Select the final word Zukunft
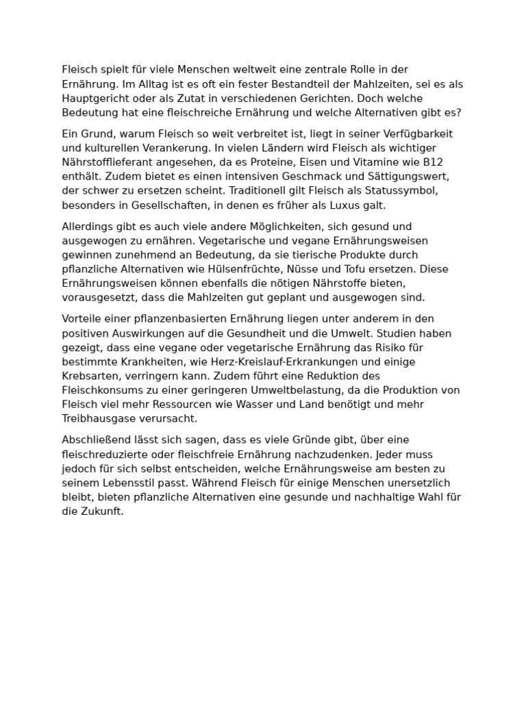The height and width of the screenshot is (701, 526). [101, 511]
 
